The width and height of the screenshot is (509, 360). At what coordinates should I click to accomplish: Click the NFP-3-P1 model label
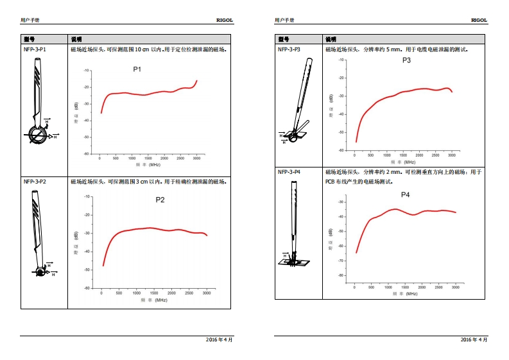35,49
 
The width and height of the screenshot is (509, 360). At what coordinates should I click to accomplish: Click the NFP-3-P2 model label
35,182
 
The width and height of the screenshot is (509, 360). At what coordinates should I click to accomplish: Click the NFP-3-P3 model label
289,49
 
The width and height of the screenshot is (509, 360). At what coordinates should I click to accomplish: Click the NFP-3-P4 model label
289,172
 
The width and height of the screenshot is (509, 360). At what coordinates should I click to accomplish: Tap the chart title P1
137,69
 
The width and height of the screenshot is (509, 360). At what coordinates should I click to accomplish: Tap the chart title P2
160,200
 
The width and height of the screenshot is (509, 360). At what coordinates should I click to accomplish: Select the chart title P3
406,60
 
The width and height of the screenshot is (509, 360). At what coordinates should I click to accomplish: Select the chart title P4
405,194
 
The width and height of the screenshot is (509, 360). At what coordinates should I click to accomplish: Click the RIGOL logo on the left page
225,20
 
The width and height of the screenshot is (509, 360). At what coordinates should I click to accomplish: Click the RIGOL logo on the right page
479,20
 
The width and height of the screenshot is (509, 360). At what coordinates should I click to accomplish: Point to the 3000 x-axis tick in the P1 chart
196,158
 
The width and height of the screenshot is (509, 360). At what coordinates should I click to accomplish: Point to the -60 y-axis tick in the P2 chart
88,287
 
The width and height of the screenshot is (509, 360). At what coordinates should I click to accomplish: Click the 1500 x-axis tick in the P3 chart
403,155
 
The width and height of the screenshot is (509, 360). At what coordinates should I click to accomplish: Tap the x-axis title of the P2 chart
154,300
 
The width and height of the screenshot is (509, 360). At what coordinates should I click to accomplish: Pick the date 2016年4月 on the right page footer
474,339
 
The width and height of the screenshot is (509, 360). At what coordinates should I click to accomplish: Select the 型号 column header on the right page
283,39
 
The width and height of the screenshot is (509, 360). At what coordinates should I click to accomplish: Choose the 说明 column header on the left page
76,39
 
